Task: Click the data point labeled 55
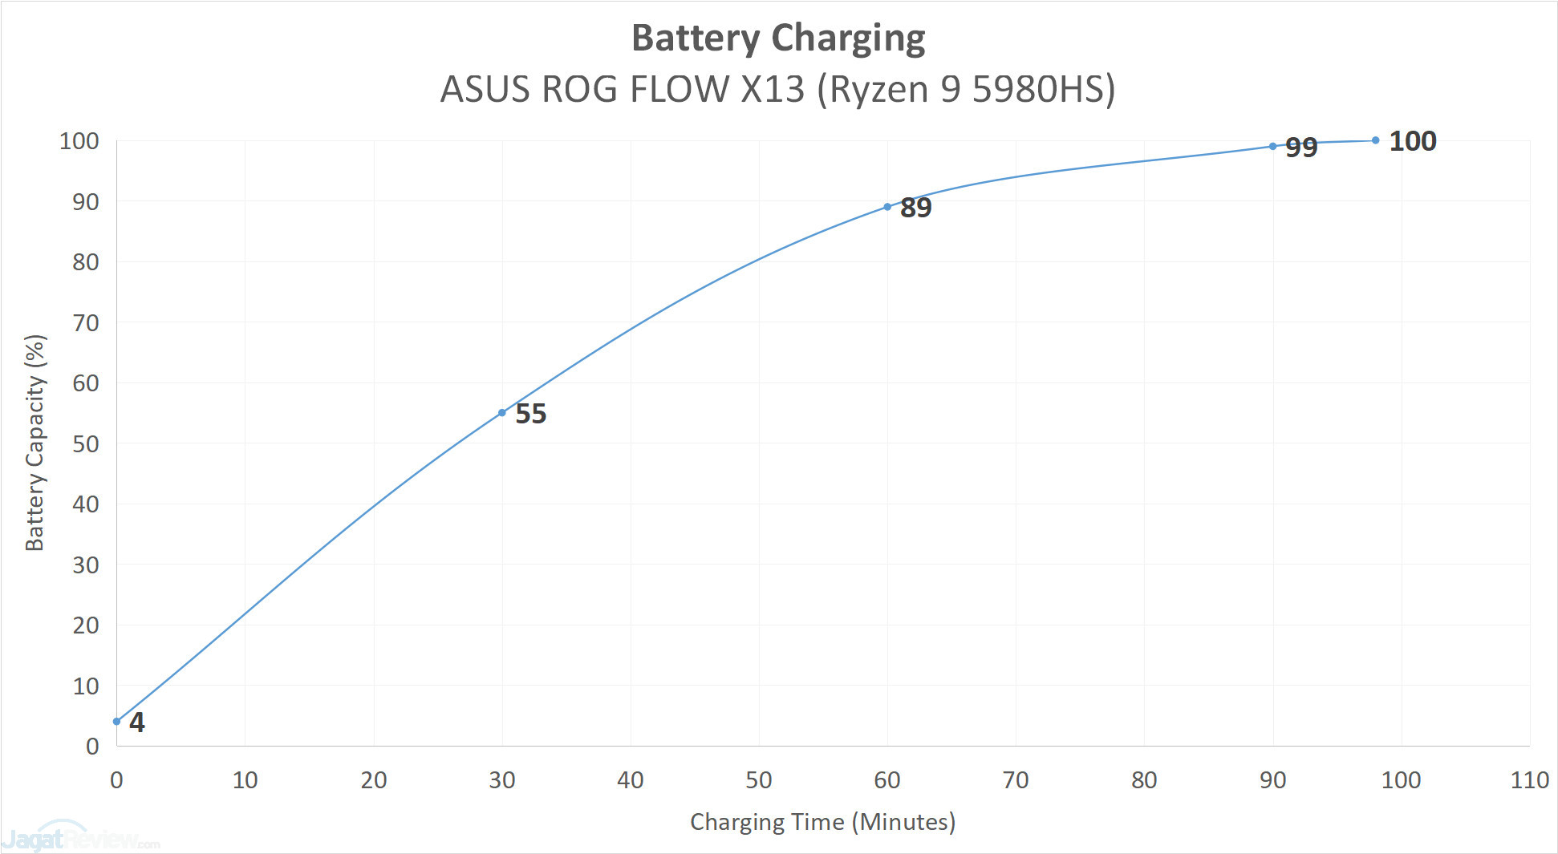[x=502, y=413]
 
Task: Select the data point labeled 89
[x=887, y=207]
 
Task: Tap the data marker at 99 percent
[x=1273, y=146]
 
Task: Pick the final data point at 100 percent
[x=1376, y=140]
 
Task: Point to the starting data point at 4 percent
[x=117, y=722]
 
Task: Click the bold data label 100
[x=1413, y=141]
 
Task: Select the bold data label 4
[x=137, y=722]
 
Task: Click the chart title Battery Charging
[x=778, y=38]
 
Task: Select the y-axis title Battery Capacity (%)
[x=35, y=443]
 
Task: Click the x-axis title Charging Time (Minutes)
[x=822, y=822]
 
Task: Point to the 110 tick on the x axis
[x=1529, y=780]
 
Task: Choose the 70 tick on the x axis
[x=1016, y=780]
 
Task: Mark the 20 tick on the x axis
[x=374, y=780]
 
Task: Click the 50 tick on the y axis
[x=86, y=444]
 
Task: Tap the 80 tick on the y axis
[x=86, y=262]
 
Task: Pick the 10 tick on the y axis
[x=86, y=686]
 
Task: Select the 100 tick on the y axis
[x=79, y=141]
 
